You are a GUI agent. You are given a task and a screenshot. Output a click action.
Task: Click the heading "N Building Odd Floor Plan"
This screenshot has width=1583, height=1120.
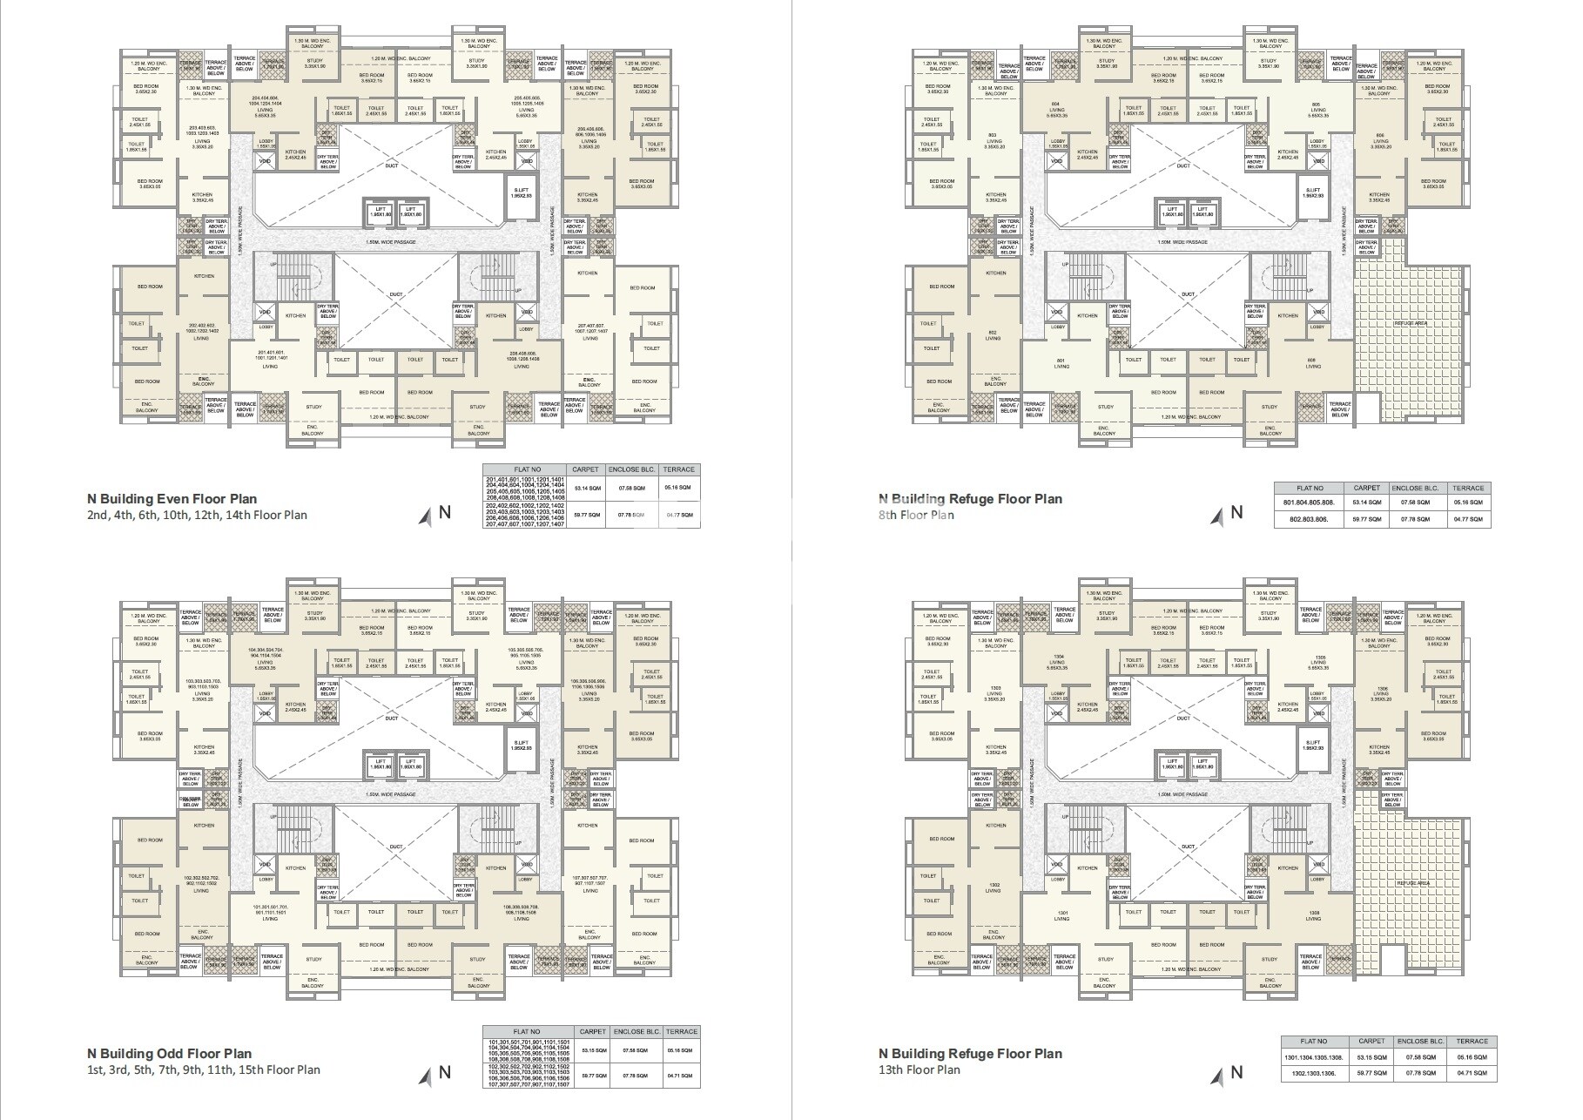[x=169, y=1054]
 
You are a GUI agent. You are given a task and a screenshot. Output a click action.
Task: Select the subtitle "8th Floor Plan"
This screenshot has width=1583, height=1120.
[x=916, y=515]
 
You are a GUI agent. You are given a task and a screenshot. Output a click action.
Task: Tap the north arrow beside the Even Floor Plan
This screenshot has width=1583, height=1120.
[x=426, y=516]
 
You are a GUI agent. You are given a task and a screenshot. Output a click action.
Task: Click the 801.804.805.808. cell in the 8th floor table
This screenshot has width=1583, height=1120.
[x=1308, y=503]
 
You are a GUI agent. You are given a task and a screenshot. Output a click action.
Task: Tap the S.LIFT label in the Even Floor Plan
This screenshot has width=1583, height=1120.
[x=521, y=192]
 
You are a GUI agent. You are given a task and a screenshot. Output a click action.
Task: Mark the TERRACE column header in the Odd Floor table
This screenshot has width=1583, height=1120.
[x=681, y=1031]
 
